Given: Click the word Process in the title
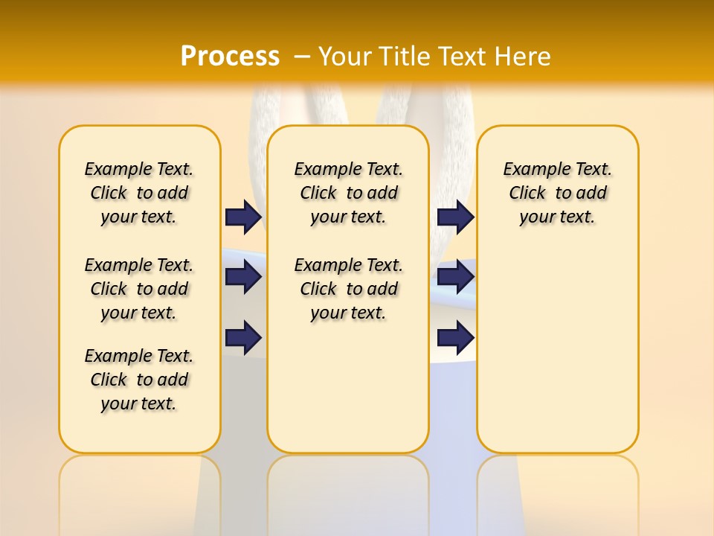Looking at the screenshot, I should click(x=230, y=56).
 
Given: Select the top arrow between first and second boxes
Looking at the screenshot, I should click(x=243, y=217).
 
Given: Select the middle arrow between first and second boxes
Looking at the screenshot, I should click(x=243, y=277).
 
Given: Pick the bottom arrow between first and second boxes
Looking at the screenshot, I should click(x=243, y=337).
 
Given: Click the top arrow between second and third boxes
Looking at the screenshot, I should click(x=455, y=217).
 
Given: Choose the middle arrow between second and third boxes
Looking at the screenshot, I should click(x=455, y=277).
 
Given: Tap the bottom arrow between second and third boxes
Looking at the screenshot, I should click(x=455, y=337).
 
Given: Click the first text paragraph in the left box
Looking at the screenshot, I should click(x=139, y=193).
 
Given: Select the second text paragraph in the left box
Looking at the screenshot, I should click(x=139, y=289).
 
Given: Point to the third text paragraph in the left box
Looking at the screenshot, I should click(x=139, y=380).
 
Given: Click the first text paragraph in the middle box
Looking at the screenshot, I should click(x=348, y=193).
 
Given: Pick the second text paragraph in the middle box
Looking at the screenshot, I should click(x=348, y=289).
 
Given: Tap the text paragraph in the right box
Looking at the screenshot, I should click(x=557, y=193).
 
